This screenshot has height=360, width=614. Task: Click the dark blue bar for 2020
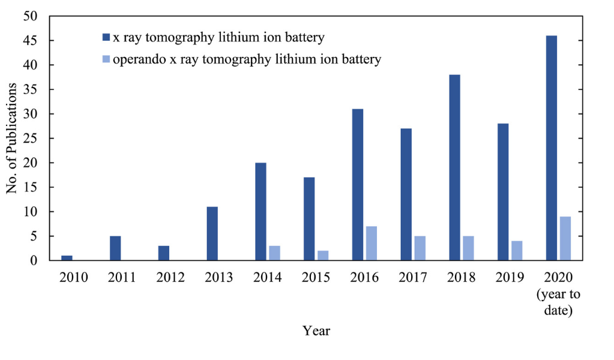coord(552,148)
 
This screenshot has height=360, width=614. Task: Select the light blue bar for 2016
coord(371,244)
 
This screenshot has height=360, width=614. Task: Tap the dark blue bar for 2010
coord(67,258)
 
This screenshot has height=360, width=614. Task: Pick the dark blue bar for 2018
coord(454,167)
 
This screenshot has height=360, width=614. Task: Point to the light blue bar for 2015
coord(323,256)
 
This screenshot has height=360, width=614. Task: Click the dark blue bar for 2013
coord(212,233)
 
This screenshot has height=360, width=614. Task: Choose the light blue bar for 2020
coord(565,238)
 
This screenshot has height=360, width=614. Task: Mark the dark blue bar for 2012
coord(164,253)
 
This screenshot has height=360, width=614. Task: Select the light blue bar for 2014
coord(274,253)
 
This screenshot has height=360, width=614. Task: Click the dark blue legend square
coord(106,37)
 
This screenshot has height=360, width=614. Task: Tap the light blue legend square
coord(106,59)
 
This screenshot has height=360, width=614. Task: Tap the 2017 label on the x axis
coord(413,277)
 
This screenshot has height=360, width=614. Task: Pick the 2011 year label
coord(122,277)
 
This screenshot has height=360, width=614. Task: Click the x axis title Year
coord(316,331)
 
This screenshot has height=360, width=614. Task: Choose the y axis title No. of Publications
coord(11,138)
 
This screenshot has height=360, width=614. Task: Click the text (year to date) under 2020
coord(558,302)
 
